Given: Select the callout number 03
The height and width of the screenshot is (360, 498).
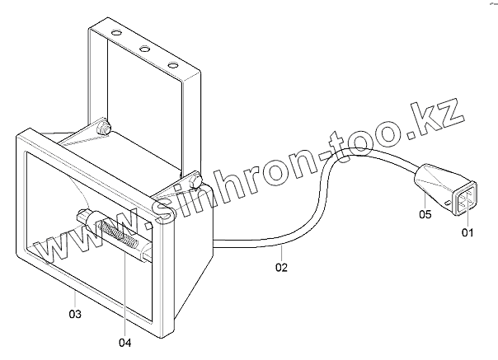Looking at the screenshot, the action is [x=74, y=314].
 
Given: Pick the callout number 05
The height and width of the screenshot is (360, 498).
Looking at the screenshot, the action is [x=425, y=215].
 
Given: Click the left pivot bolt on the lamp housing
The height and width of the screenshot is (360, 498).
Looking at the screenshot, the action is [x=104, y=129].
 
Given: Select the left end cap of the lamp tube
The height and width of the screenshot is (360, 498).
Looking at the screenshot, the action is [x=84, y=217].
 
